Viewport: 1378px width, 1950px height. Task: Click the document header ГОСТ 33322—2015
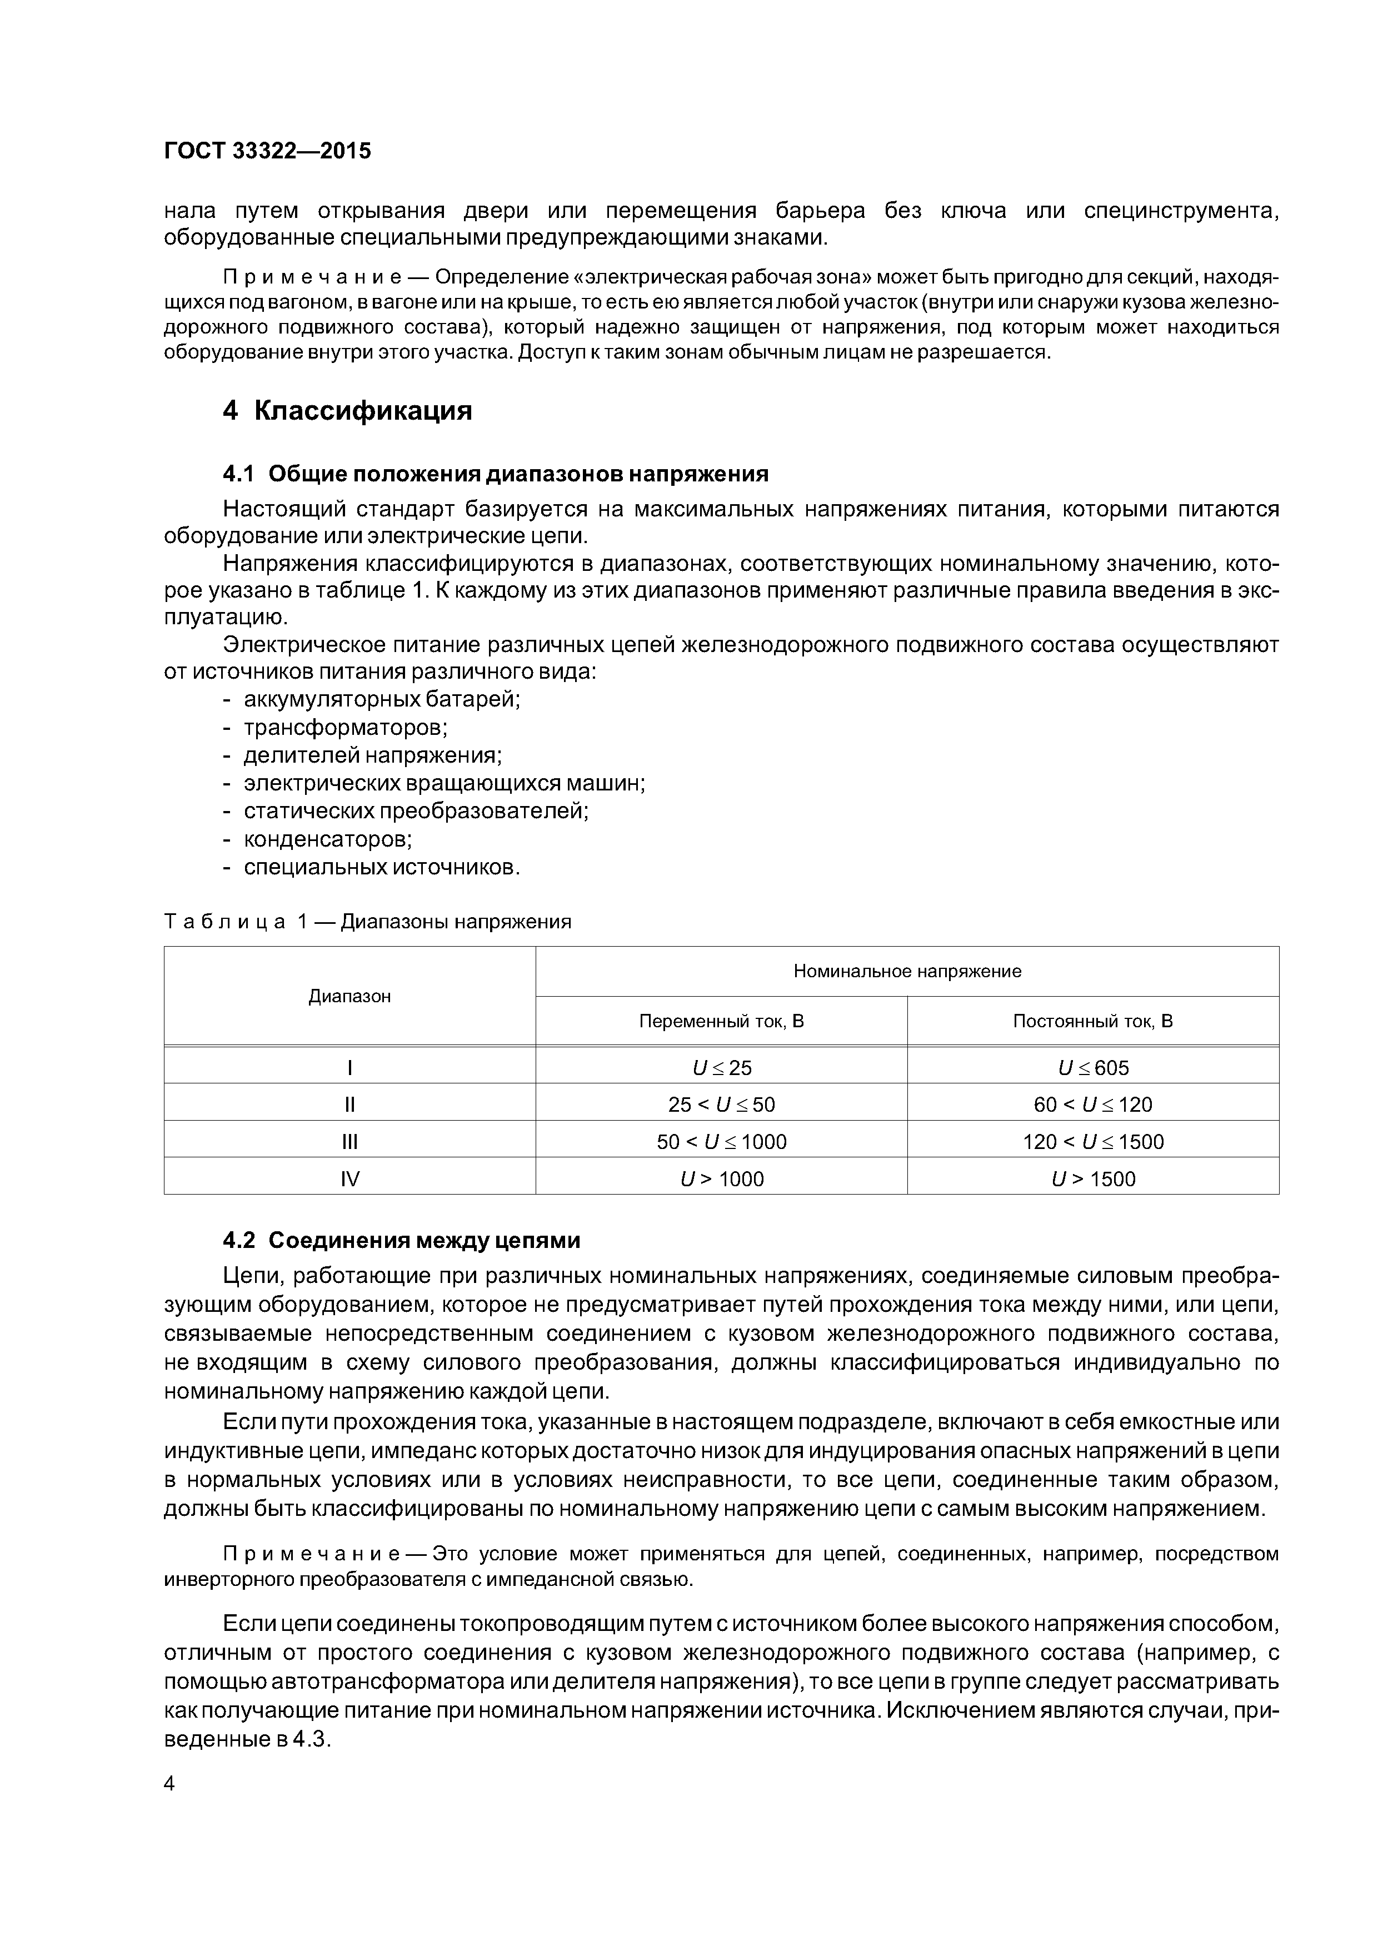click(x=267, y=151)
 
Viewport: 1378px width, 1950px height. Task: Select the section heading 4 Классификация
click(x=347, y=411)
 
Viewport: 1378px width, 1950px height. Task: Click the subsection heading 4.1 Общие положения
click(x=495, y=474)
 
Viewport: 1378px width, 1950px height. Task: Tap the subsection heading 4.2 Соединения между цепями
click(x=402, y=1241)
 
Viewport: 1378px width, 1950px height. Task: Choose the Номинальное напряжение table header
click(x=907, y=972)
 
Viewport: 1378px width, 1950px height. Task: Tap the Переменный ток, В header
click(x=721, y=1022)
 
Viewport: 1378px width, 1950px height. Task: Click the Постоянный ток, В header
click(x=1093, y=1022)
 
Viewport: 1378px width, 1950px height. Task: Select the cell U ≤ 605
click(x=1093, y=1068)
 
